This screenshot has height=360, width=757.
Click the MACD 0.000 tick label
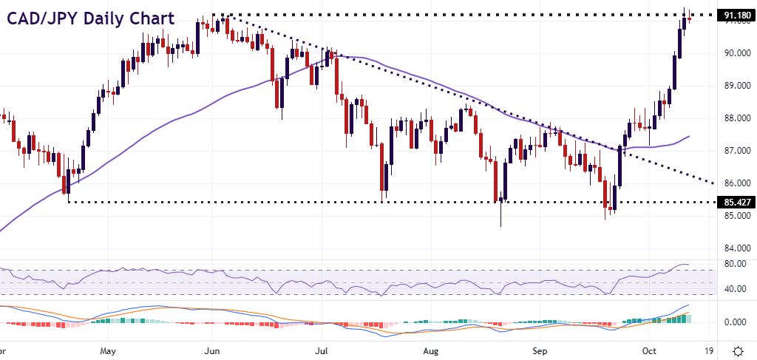[734, 322]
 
